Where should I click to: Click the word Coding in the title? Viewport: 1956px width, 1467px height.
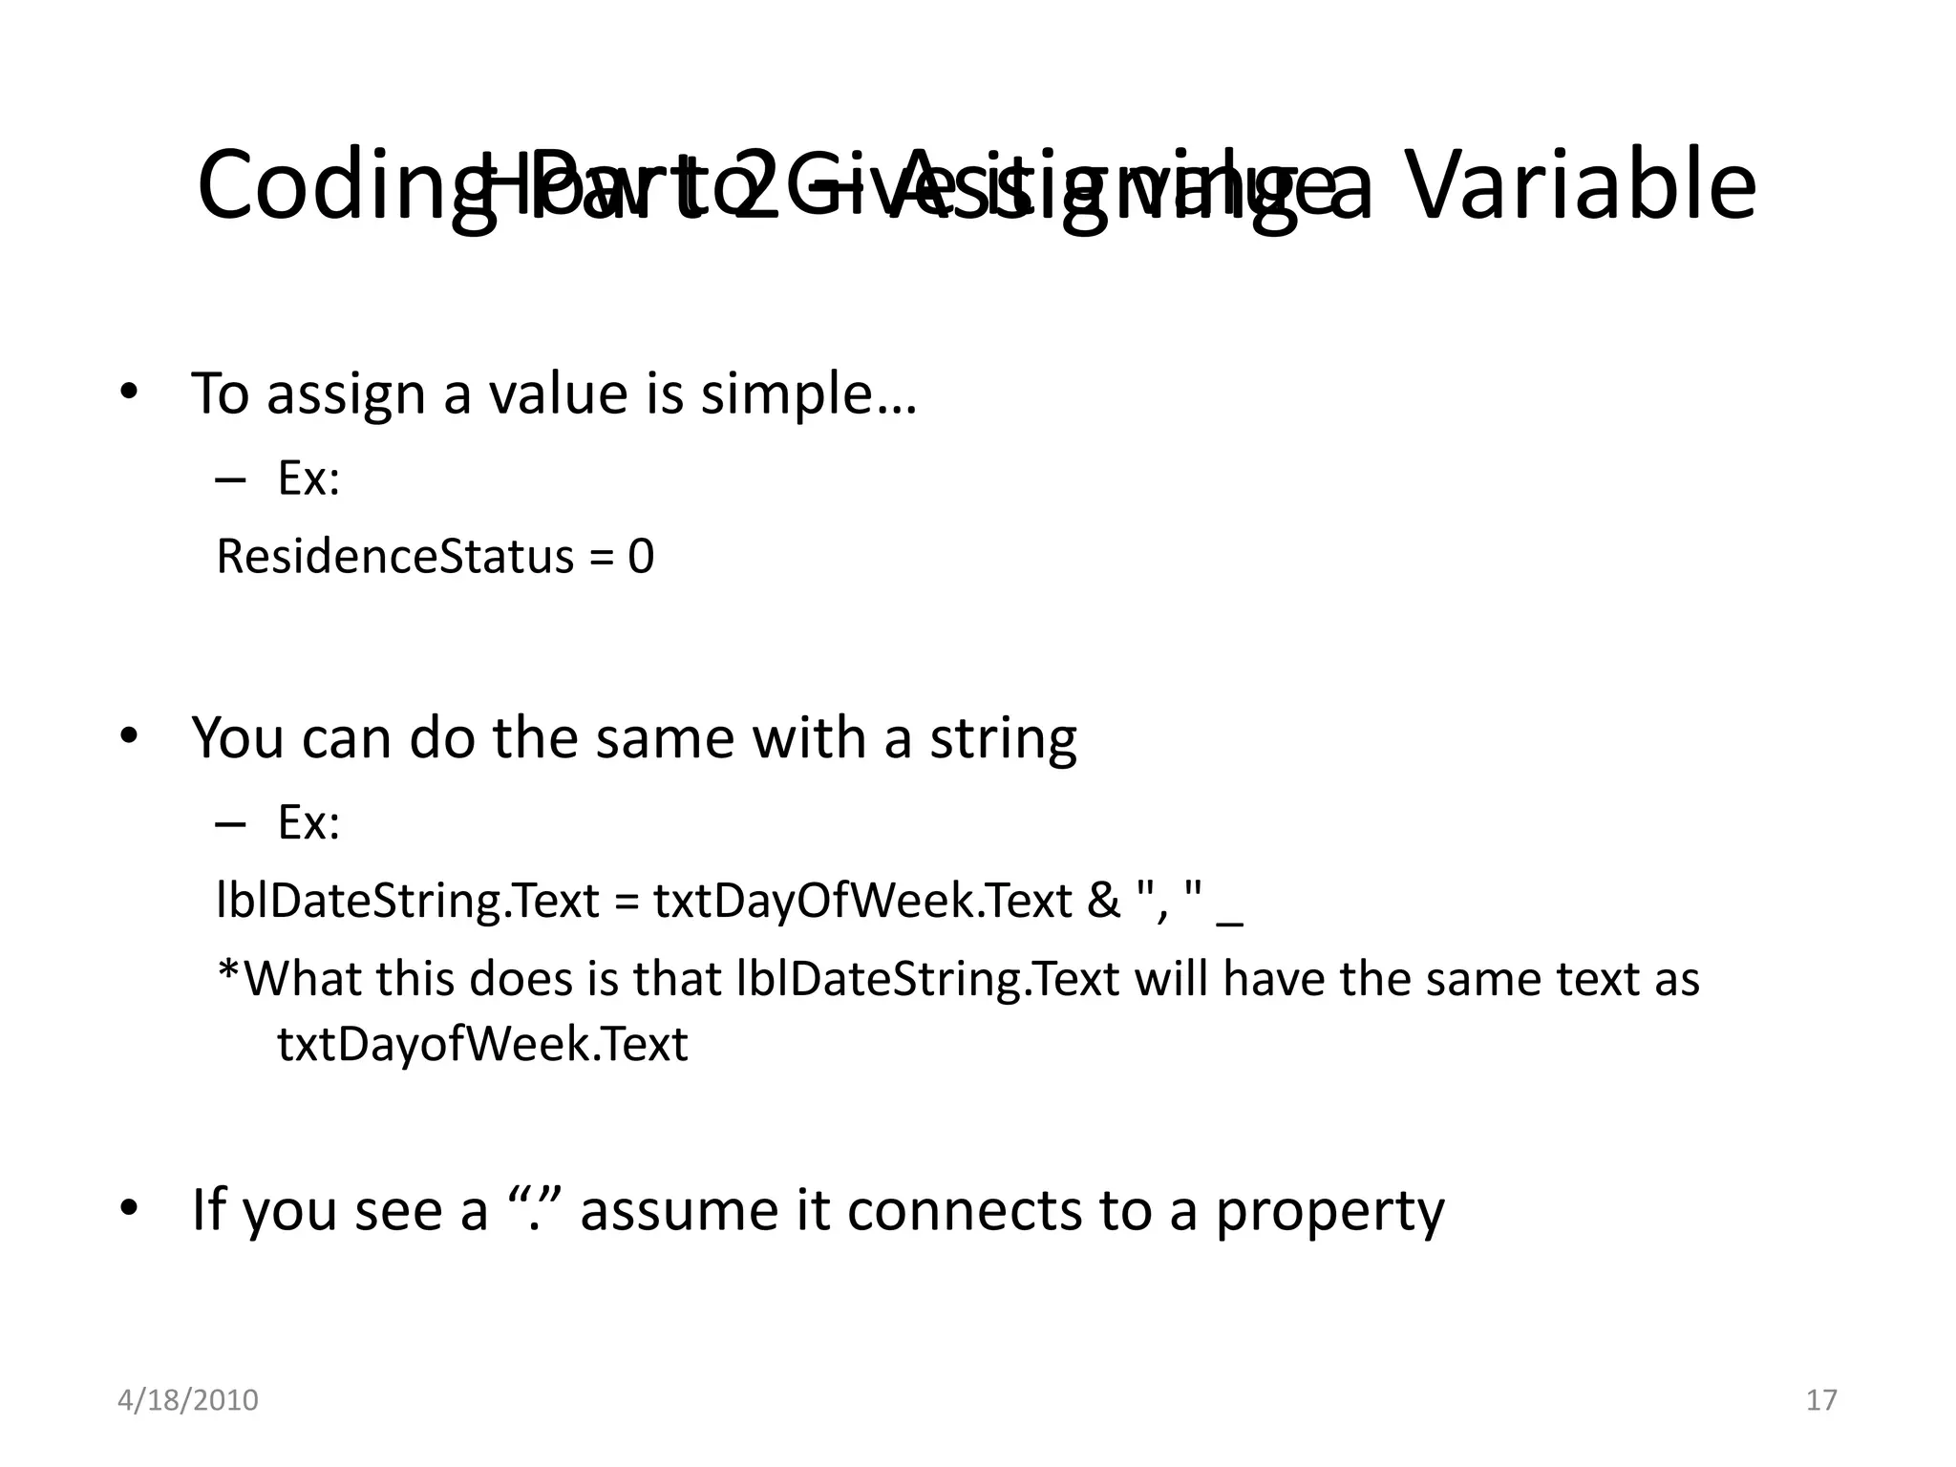[x=315, y=185]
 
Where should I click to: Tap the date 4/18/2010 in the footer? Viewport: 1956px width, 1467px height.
[x=188, y=1400]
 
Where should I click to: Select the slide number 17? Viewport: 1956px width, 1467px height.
[x=1821, y=1400]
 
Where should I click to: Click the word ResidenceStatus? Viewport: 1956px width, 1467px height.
[x=394, y=557]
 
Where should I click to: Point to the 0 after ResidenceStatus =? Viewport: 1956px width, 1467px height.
[x=641, y=557]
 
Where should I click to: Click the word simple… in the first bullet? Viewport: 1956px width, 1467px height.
[x=809, y=393]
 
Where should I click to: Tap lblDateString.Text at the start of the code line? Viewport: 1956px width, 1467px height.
[x=408, y=902]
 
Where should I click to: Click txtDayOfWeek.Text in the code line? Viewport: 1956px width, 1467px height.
[x=862, y=902]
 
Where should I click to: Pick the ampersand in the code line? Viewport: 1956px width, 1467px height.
[x=1104, y=902]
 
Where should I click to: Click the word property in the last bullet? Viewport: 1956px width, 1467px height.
[x=1329, y=1210]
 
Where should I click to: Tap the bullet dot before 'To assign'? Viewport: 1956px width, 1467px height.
[x=129, y=393]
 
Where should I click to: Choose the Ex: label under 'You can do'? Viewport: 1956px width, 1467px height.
[x=308, y=822]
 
